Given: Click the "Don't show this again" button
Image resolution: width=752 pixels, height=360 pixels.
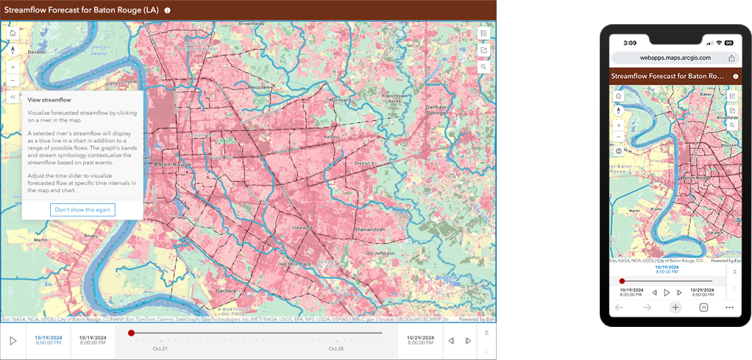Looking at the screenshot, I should (x=82, y=210).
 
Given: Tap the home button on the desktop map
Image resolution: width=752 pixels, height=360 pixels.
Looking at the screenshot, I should (x=13, y=33).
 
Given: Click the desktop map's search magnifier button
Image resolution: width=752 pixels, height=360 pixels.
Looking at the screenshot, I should (x=483, y=66).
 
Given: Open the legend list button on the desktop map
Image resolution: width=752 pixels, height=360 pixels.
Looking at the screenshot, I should (x=483, y=34).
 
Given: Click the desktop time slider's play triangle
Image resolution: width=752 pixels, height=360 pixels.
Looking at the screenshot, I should (x=13, y=341).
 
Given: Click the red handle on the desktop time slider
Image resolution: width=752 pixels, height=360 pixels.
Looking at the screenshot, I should (x=131, y=333).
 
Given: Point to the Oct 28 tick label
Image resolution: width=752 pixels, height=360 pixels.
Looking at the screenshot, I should (x=336, y=348).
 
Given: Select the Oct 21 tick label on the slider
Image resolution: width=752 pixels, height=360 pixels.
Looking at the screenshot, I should (x=160, y=348).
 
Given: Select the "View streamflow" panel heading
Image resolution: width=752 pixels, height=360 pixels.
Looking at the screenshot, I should (x=50, y=98).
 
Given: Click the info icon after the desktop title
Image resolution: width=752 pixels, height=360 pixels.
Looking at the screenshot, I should (x=168, y=10).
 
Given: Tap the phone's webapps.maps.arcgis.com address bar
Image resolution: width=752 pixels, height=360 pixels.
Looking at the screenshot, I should (x=674, y=57).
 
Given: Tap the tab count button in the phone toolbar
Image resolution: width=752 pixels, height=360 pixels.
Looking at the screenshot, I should (x=703, y=307).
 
